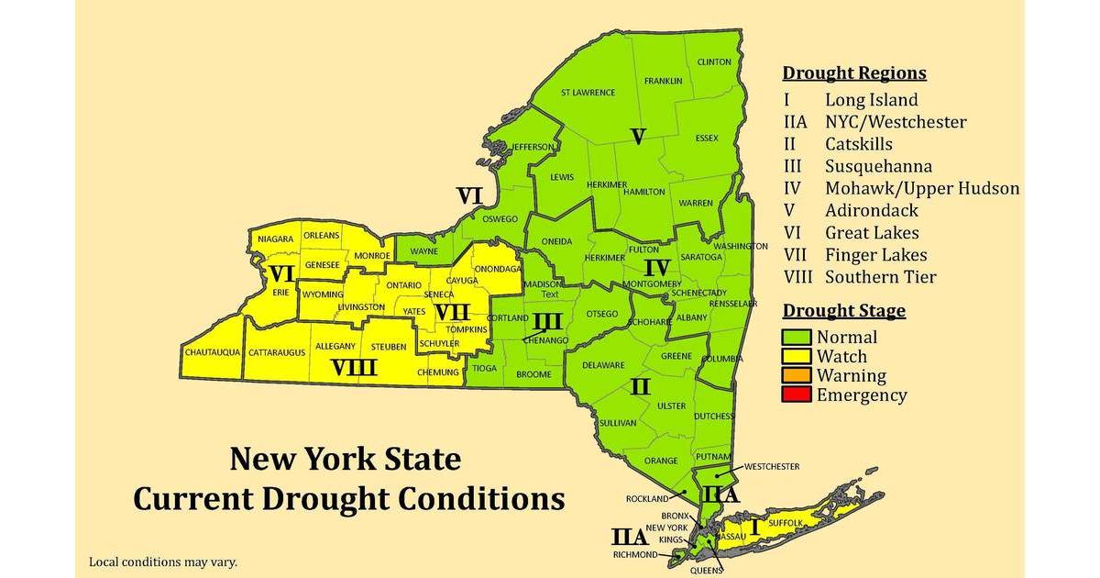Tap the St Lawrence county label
(588, 92)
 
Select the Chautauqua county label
(212, 351)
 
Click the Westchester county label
(771, 466)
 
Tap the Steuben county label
(390, 347)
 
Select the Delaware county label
(603, 365)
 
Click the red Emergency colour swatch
(797, 395)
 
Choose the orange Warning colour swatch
(797, 375)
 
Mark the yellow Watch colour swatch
(797, 356)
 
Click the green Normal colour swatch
(797, 337)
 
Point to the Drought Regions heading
(854, 73)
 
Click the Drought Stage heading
(843, 310)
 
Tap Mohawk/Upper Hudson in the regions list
(921, 188)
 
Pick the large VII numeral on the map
(452, 312)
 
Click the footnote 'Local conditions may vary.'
(162, 561)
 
